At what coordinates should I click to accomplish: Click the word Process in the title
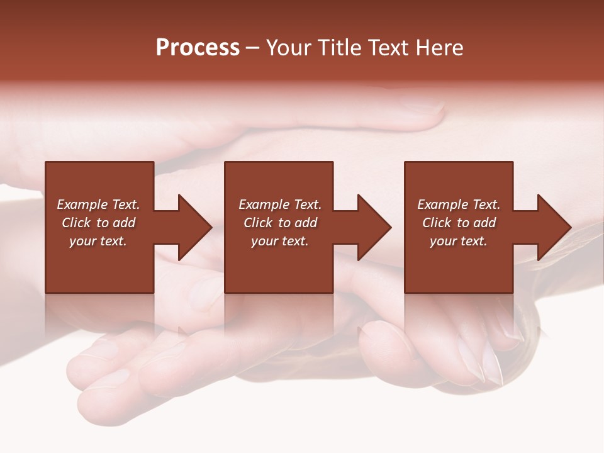pyautogui.click(x=198, y=48)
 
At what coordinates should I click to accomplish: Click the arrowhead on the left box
pyautogui.click(x=194, y=227)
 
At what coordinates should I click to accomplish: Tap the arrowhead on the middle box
pyautogui.click(x=374, y=227)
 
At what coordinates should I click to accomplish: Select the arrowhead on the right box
pyautogui.click(x=554, y=227)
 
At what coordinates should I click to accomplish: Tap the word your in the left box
pyautogui.click(x=82, y=241)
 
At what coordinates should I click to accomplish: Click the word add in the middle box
pyautogui.click(x=306, y=223)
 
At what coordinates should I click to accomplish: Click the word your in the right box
pyautogui.click(x=443, y=241)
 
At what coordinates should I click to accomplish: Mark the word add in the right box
pyautogui.click(x=484, y=223)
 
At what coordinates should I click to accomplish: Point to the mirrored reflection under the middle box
pyautogui.click(x=279, y=315)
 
